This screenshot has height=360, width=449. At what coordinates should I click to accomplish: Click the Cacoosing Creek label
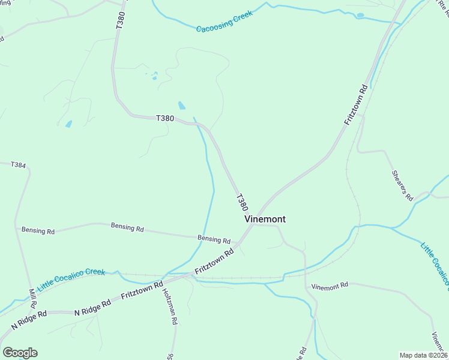tap(224, 21)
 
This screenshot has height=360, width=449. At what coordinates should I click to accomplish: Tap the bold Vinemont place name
tap(265, 219)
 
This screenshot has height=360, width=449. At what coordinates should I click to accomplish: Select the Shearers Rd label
tap(402, 185)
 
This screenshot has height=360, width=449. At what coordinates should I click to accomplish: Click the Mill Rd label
tap(32, 298)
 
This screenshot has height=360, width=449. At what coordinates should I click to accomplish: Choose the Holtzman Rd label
tap(169, 306)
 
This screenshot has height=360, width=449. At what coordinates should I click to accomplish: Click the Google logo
tap(20, 353)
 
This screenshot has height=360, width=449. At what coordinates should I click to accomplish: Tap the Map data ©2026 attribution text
tap(423, 355)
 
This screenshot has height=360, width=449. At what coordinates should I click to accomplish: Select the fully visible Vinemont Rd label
tap(330, 286)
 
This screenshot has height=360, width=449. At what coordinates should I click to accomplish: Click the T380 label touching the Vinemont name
tap(242, 202)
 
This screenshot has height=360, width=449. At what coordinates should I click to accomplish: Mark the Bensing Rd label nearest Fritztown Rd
tap(214, 239)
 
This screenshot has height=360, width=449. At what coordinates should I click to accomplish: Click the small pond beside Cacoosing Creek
tap(360, 16)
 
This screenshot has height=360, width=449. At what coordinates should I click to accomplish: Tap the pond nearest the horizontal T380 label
tap(181, 106)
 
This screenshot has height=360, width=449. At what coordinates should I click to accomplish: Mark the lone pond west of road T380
tap(68, 124)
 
